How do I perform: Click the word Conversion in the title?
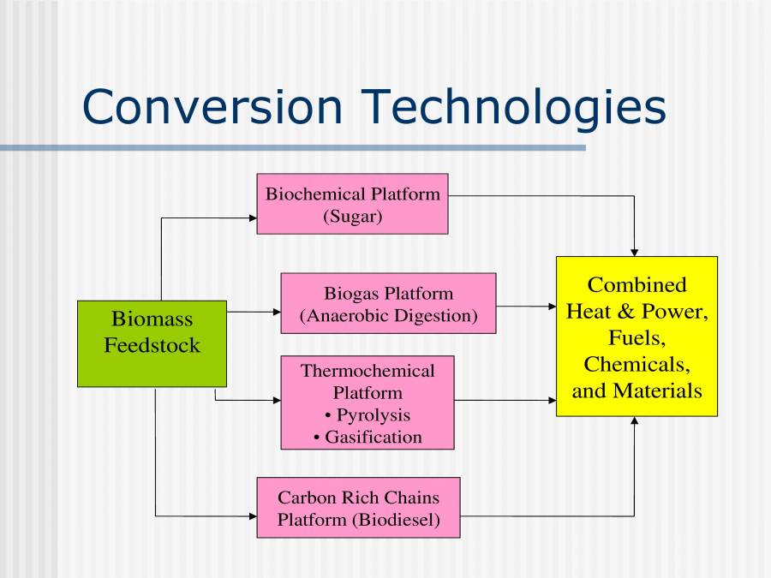[x=212, y=107]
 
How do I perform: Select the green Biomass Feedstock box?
[x=152, y=343]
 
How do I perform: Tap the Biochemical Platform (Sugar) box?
[x=352, y=205]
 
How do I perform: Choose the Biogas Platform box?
[x=388, y=303]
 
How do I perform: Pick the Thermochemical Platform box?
[x=368, y=402]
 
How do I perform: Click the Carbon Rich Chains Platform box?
[x=358, y=508]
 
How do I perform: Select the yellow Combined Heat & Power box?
[x=637, y=337]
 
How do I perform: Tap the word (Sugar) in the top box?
[x=352, y=216]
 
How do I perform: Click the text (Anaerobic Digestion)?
[x=388, y=315]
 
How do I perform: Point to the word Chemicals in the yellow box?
[x=637, y=364]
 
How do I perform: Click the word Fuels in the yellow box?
[x=637, y=337]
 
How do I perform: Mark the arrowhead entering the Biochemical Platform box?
[x=253, y=218]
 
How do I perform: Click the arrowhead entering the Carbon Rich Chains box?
[x=253, y=516]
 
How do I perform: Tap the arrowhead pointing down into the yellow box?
[x=635, y=252]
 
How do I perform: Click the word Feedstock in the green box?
[x=152, y=346]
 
